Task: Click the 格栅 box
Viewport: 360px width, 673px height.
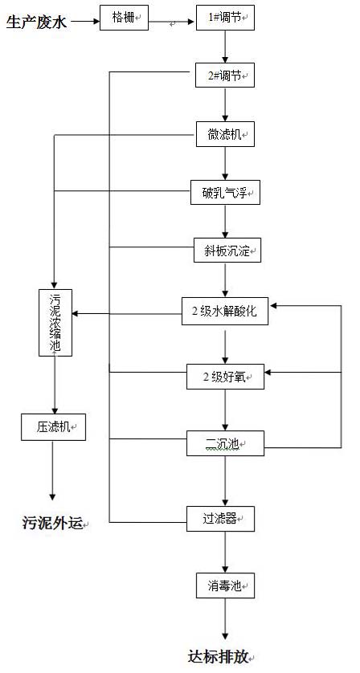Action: point(125,17)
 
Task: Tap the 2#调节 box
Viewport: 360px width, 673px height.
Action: point(225,76)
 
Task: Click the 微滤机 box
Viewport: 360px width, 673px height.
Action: point(225,135)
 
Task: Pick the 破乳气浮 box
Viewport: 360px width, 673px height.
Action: point(225,193)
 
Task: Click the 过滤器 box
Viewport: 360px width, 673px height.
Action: point(220,519)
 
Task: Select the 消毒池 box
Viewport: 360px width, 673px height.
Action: point(225,586)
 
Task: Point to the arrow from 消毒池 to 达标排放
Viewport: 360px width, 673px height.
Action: point(225,619)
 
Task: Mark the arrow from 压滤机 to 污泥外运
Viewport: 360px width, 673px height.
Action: point(53,471)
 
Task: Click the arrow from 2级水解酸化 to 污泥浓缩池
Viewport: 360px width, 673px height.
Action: point(129,312)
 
